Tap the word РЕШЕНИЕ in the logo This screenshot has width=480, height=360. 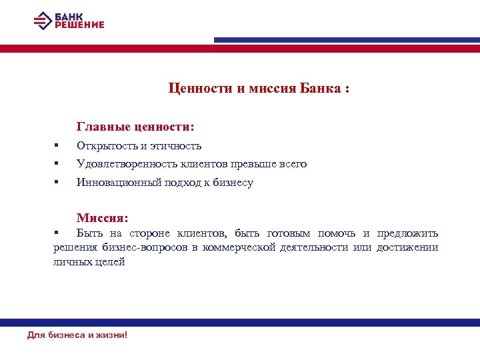tap(79, 25)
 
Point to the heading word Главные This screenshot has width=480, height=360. tap(101, 125)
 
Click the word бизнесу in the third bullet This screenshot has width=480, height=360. tap(233, 183)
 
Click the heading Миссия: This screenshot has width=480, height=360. tap(102, 218)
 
